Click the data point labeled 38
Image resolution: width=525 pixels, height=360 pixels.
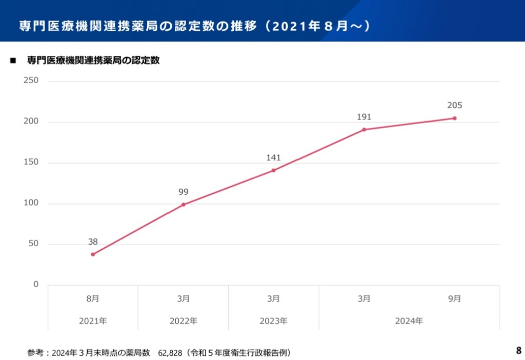93,254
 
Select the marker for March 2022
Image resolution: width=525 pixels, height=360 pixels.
183,205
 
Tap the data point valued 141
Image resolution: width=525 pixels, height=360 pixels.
273,170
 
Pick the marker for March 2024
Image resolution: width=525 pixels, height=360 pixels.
364,130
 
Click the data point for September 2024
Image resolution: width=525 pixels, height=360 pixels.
454,118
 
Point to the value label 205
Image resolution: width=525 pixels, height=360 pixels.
454,106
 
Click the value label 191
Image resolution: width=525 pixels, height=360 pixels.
364,117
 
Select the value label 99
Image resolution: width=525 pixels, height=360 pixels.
183,192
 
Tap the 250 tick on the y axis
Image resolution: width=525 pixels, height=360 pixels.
32,81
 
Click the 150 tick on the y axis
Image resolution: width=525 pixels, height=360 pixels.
32,163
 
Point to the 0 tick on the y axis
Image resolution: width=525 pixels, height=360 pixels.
36,285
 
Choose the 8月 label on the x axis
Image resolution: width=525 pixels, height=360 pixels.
93,298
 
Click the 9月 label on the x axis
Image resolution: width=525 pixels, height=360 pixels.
454,298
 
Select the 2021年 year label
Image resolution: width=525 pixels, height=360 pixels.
93,321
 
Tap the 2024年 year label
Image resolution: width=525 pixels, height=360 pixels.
409,321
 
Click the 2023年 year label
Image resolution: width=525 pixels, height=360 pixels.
273,321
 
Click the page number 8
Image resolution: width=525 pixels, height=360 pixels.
518,351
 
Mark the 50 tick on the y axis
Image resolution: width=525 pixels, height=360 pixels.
34,244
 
